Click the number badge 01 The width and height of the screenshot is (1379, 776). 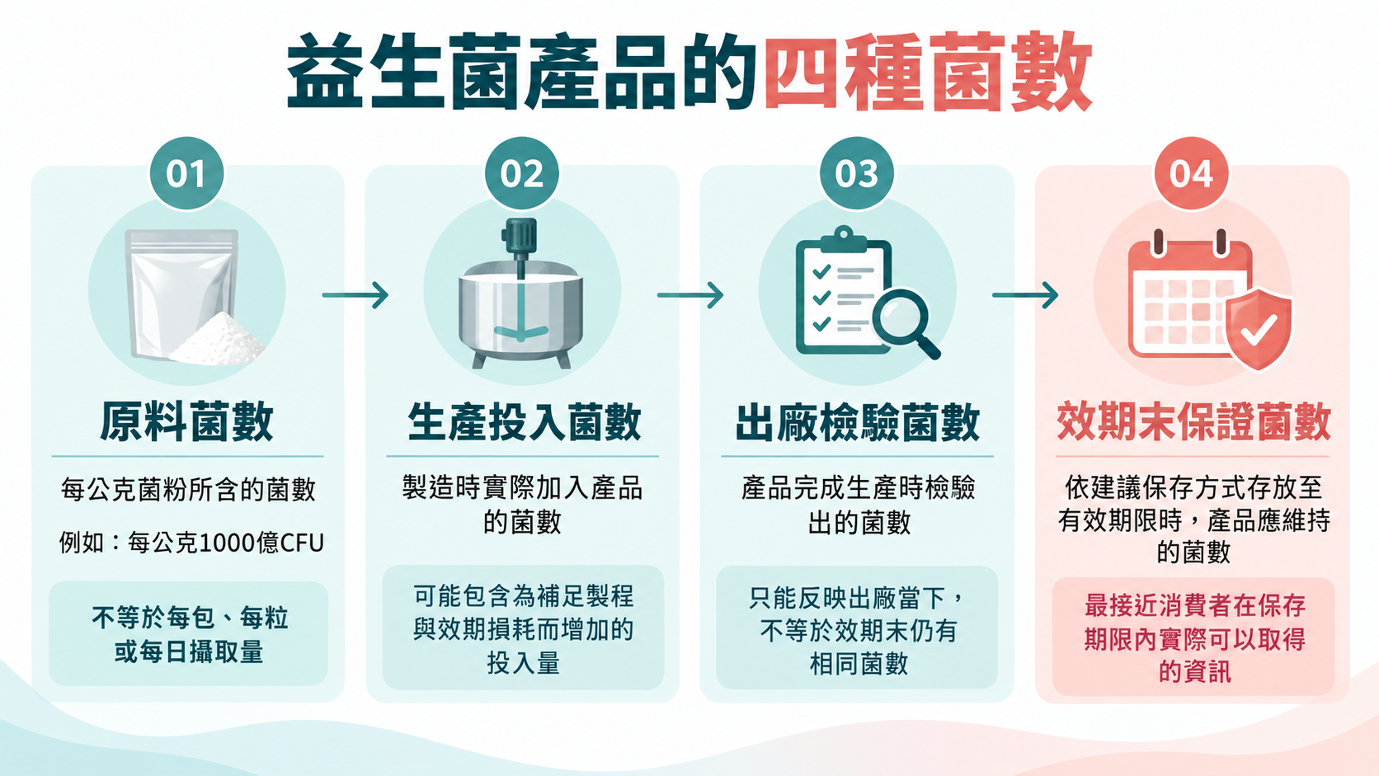click(186, 173)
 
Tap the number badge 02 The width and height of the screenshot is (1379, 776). click(521, 173)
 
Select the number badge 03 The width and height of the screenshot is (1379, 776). click(856, 173)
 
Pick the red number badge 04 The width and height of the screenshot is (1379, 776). click(1191, 173)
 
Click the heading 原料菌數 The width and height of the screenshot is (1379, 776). click(186, 422)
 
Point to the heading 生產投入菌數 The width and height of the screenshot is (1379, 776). click(524, 422)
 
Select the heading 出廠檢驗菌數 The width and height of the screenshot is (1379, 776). click(858, 422)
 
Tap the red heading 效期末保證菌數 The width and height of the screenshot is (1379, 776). click(1193, 422)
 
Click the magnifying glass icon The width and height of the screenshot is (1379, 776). click(906, 323)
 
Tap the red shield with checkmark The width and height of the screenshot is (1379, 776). click(1259, 329)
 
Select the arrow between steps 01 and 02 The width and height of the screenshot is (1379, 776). click(355, 295)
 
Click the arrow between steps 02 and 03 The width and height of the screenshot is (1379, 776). click(690, 295)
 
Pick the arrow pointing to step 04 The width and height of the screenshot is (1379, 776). click(1025, 295)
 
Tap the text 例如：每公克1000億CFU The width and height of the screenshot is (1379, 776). click(191, 543)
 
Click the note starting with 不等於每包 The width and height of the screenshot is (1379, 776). click(189, 634)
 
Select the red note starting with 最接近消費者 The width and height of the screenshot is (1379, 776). click(1194, 639)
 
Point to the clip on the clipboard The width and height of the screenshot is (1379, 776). click(844, 239)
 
